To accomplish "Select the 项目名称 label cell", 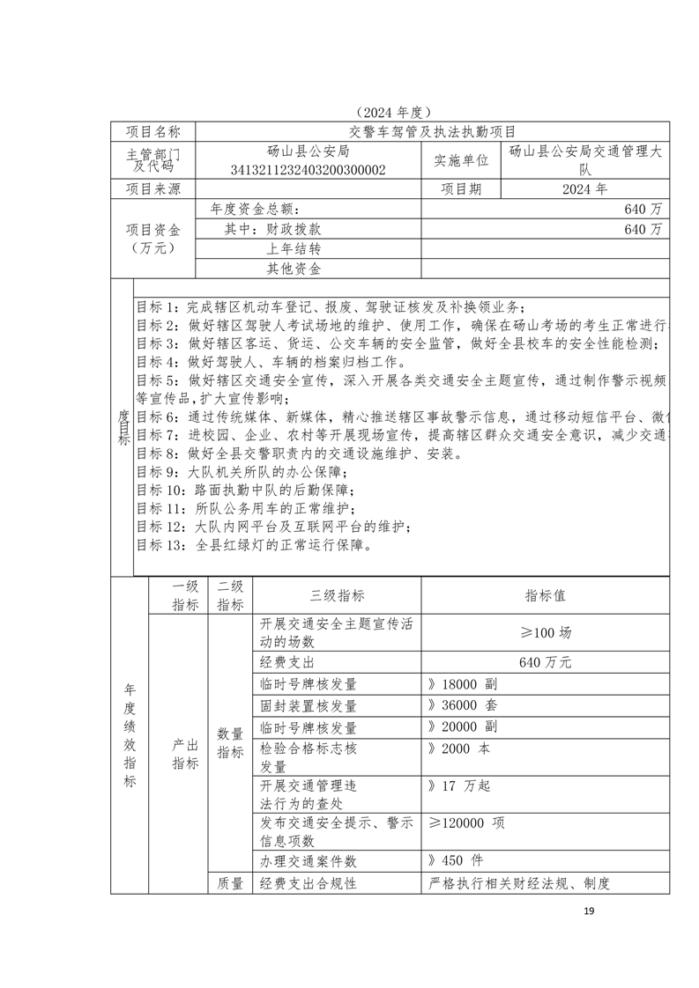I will tap(153, 132).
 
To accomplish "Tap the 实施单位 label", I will tap(461, 160).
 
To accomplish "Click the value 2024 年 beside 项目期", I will tap(584, 188).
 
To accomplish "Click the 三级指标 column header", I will tap(338, 595).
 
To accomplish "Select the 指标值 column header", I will tap(546, 595).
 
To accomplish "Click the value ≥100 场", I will tap(546, 633).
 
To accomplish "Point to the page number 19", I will tap(590, 909).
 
